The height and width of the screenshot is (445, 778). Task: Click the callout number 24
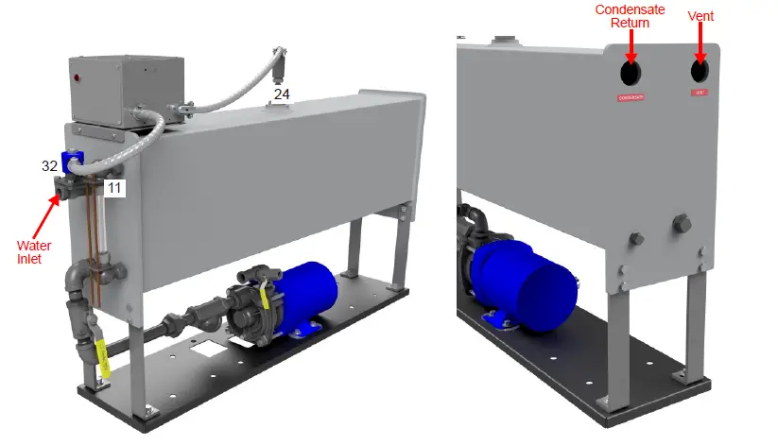282,94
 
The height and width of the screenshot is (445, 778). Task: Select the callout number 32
49,165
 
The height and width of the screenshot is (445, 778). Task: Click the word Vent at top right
700,16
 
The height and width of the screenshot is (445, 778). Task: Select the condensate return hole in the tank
631,74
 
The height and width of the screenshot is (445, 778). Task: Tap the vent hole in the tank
700,71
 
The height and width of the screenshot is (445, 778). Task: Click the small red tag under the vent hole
700,93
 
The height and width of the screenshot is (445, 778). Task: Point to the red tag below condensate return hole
631,97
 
